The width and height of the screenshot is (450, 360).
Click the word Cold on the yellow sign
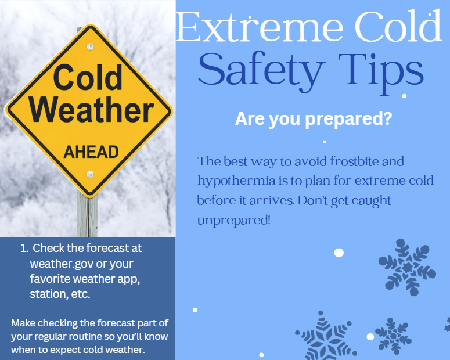88,78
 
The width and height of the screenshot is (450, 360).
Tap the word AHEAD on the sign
91,153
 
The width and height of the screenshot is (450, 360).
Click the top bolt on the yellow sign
89,46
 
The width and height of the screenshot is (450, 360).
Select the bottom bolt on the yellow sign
90,174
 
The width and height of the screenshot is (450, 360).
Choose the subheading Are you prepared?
313,120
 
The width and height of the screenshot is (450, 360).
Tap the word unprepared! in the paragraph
233,221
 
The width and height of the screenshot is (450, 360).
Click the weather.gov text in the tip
60,263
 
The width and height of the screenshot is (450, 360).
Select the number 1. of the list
24,248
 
